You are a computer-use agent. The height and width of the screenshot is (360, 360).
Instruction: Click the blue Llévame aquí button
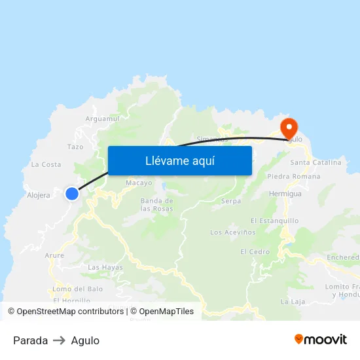179,160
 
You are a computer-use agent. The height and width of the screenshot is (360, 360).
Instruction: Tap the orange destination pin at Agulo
289,126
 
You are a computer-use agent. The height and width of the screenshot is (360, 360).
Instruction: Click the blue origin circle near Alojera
72,193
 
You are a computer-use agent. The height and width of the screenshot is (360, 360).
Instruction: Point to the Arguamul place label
103,118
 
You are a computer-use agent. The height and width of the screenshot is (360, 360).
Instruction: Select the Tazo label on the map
75,147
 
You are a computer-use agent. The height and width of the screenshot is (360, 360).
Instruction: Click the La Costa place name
46,164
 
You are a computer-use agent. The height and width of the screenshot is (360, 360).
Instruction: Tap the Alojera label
39,195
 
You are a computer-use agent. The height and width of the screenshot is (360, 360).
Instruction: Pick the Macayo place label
139,183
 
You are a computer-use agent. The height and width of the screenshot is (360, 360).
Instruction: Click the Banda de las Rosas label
157,204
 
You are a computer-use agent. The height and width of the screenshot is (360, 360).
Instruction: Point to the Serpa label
231,201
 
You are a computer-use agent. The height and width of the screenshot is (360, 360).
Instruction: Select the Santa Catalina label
315,162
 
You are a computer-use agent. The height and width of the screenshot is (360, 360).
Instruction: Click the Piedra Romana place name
294,177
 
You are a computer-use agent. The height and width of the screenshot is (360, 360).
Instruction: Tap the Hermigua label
285,194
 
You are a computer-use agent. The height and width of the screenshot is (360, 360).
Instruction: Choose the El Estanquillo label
274,221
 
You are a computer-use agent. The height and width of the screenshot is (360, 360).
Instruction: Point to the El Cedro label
255,252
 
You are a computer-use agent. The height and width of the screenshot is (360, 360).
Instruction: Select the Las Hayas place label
105,267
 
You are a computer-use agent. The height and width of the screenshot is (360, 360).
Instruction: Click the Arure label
54,255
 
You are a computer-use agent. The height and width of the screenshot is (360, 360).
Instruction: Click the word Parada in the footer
30,340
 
